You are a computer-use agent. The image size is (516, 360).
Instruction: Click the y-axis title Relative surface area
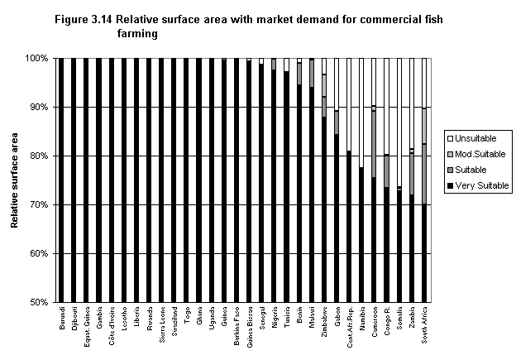pyautogui.click(x=15, y=180)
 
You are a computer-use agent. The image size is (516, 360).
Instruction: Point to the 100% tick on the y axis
pyautogui.click(x=36, y=59)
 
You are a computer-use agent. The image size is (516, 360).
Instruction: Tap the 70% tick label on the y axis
pyautogui.click(x=37, y=204)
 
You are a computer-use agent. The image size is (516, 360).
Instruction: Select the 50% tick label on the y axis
pyautogui.click(x=37, y=302)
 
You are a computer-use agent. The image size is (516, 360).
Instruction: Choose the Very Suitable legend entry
pyautogui.click(x=481, y=185)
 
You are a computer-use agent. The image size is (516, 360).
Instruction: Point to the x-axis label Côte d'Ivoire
pyautogui.click(x=112, y=326)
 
